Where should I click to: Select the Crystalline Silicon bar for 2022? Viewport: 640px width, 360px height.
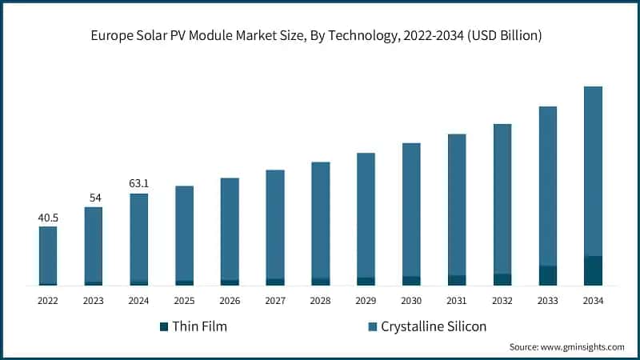click(x=48, y=254)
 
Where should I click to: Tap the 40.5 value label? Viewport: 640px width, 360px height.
click(x=48, y=217)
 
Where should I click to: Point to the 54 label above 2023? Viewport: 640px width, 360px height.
click(x=94, y=198)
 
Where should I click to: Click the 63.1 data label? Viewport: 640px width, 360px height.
click(x=138, y=183)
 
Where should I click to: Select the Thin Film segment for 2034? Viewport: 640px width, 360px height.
click(x=593, y=270)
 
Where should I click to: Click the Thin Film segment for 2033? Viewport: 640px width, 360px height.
click(x=547, y=275)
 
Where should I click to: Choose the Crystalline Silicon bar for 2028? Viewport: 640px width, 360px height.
click(x=320, y=219)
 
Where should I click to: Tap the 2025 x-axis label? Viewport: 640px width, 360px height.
click(x=184, y=301)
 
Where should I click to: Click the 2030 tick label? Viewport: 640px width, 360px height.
click(x=411, y=301)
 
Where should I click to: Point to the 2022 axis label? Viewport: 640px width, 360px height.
click(x=48, y=301)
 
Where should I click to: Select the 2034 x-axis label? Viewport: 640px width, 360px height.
click(x=593, y=301)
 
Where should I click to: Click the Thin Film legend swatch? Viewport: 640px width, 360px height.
click(x=165, y=326)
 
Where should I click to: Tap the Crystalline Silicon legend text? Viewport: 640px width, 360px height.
click(x=433, y=326)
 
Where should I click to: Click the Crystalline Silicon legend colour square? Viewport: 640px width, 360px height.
click(x=372, y=326)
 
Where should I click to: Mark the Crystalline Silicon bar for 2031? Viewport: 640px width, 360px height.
click(x=457, y=204)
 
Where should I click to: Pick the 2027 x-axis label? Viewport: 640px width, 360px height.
click(x=275, y=301)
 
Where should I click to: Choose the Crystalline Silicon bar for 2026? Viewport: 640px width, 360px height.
click(x=230, y=228)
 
